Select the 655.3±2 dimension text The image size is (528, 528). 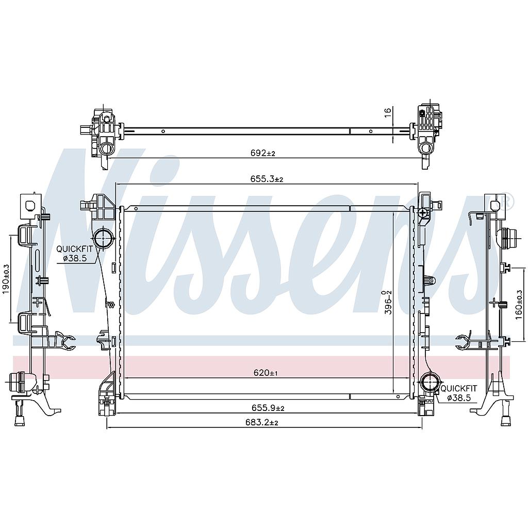pyautogui.click(x=266, y=179)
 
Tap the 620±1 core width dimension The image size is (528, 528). pyautogui.click(x=266, y=373)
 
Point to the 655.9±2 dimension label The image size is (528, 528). pyautogui.click(x=268, y=408)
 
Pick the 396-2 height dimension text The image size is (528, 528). pyautogui.click(x=388, y=303)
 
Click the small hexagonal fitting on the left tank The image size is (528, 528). pyautogui.click(x=109, y=304)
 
